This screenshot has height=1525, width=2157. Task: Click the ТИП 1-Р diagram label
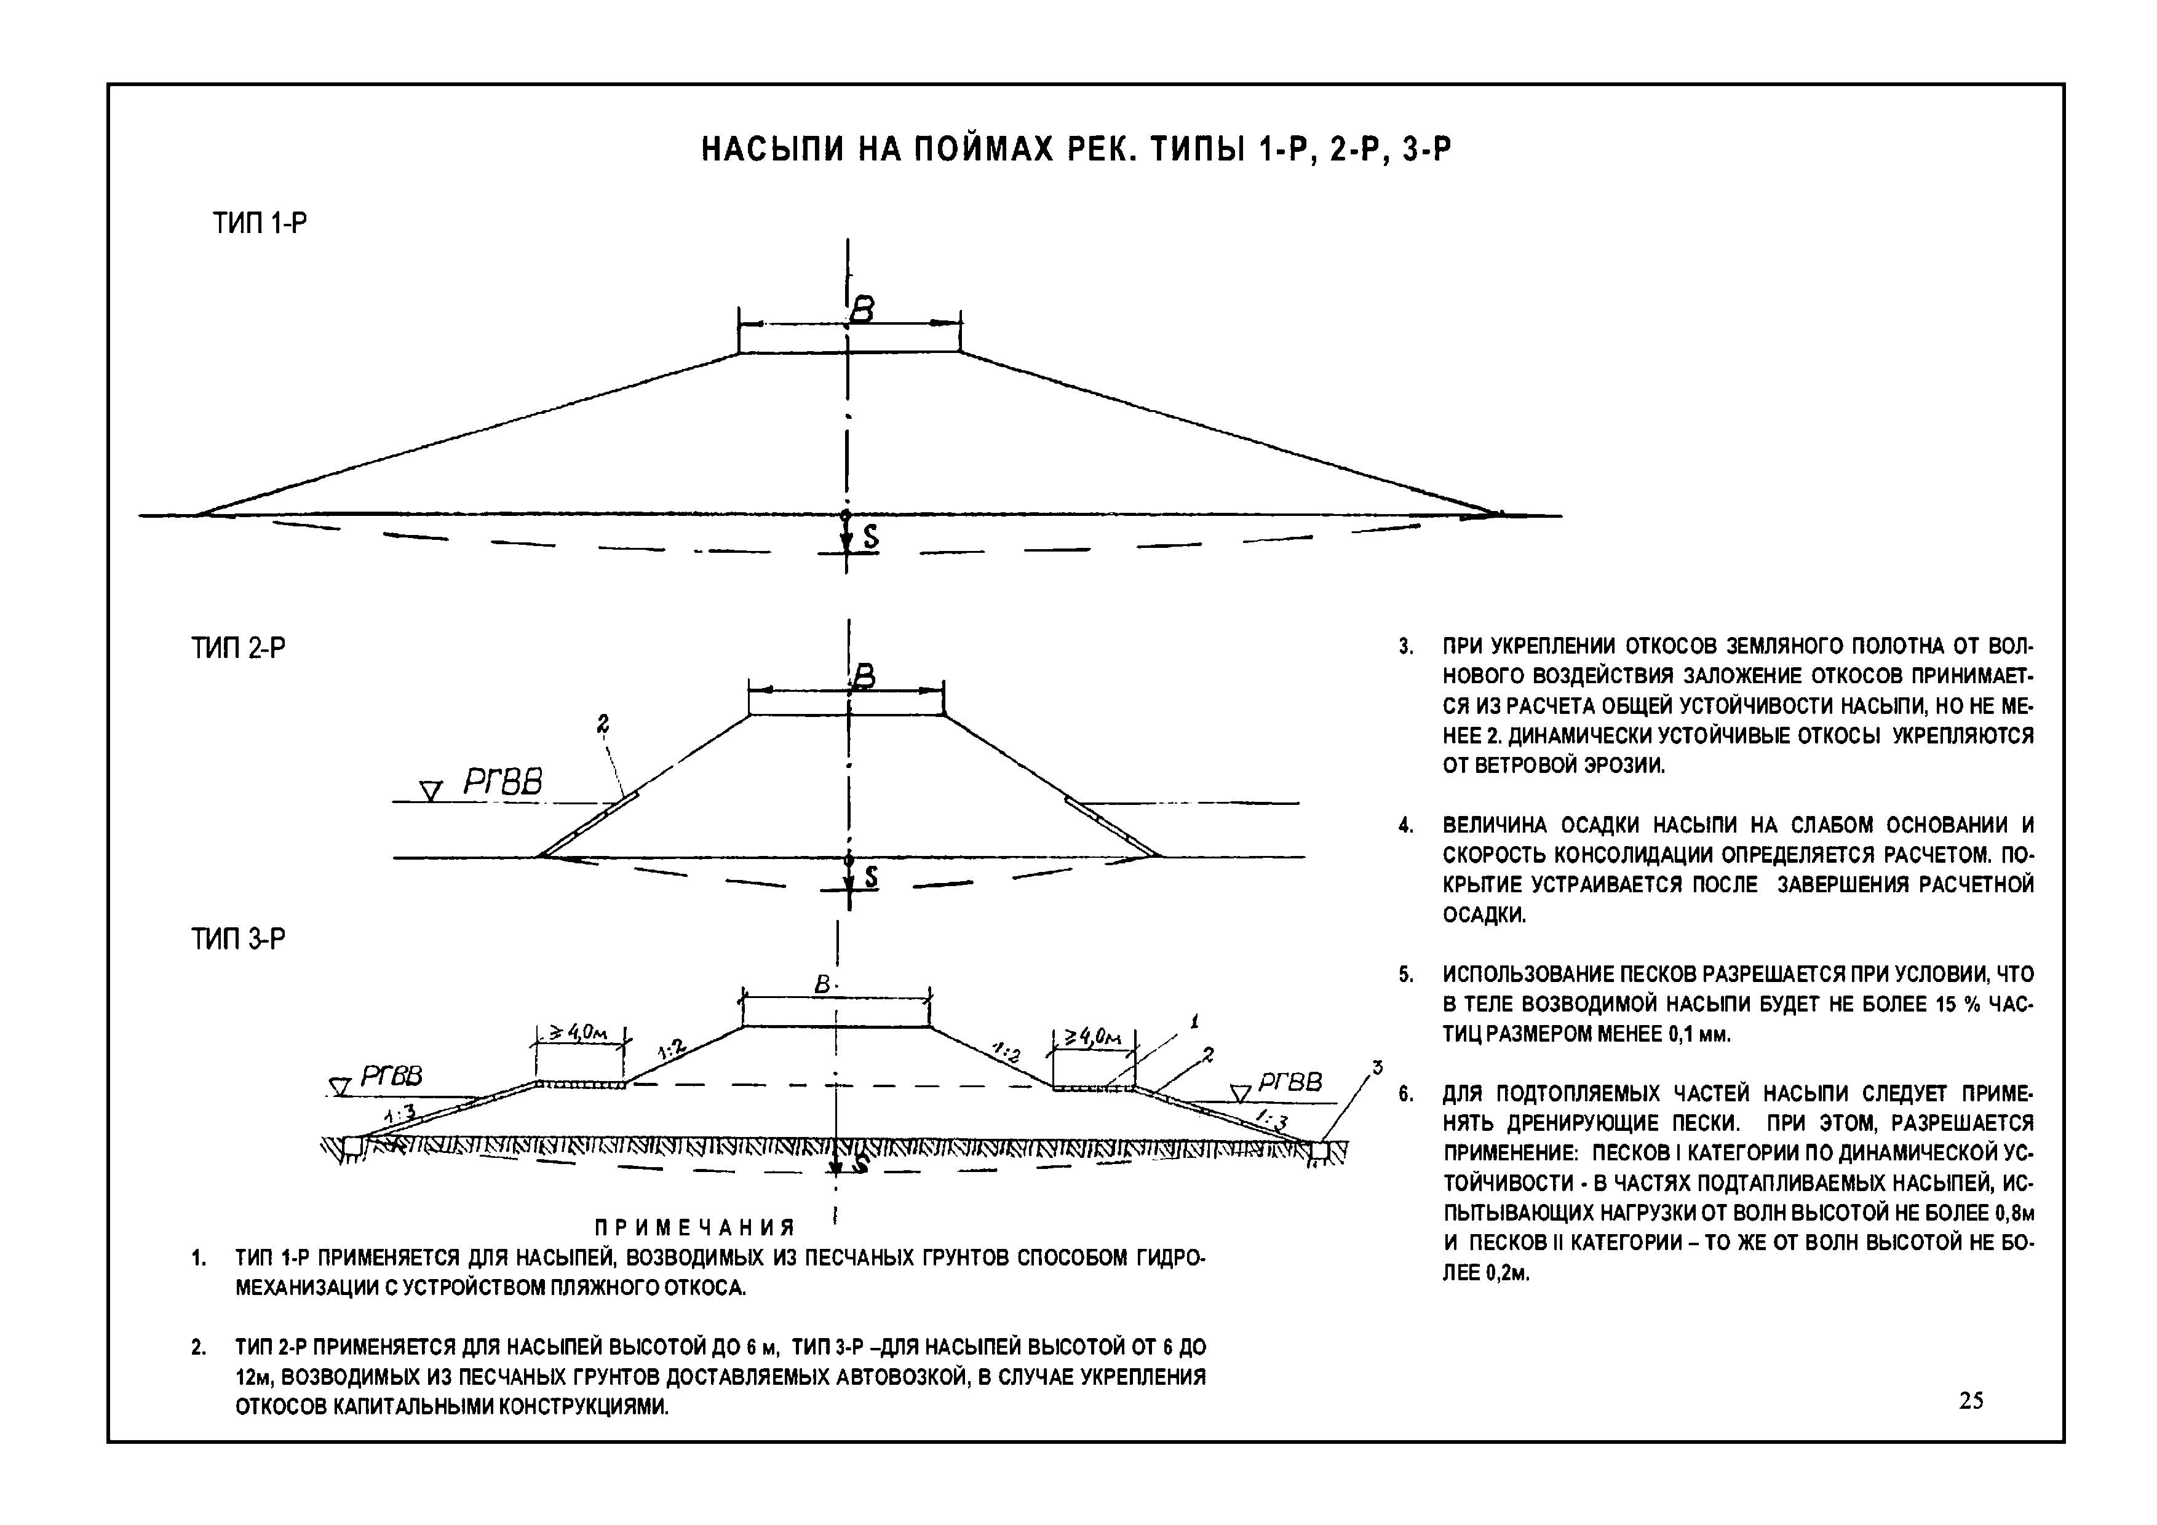260,223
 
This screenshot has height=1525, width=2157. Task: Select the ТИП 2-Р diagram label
239,648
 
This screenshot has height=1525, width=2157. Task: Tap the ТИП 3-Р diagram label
239,939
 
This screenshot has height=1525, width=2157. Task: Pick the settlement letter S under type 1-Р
871,537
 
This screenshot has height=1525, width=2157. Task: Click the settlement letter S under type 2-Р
872,877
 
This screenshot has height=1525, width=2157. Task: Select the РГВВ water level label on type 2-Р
503,782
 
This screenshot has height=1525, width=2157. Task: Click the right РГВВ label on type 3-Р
1290,1083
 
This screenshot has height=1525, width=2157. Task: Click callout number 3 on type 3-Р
1377,1067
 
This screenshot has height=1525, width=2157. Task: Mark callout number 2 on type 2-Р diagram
602,723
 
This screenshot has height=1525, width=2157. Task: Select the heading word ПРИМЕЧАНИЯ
695,1227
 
